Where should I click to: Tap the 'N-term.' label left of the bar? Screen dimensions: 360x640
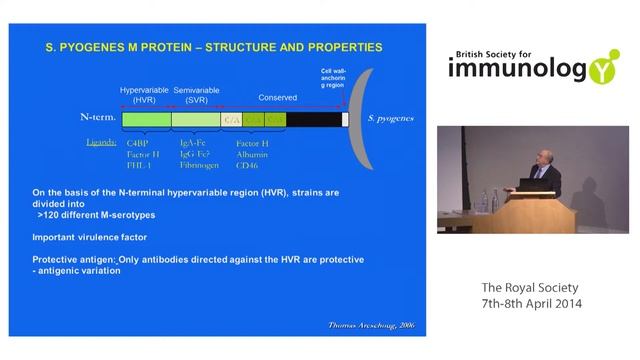click(98, 118)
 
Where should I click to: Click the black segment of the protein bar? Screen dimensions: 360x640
click(313, 119)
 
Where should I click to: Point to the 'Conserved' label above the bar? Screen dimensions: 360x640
click(277, 98)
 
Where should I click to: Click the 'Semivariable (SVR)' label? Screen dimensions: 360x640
click(196, 94)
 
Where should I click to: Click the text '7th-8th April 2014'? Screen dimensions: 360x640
click(531, 303)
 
